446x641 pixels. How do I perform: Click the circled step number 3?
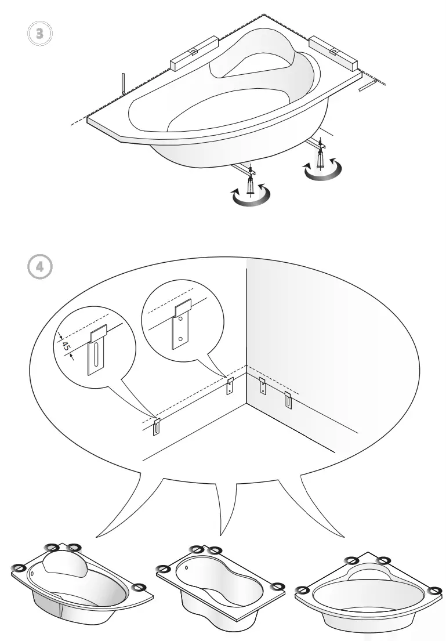(x=39, y=32)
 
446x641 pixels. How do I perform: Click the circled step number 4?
(x=39, y=267)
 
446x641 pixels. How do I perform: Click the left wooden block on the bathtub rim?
(x=193, y=53)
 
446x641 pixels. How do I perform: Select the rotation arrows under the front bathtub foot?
(x=251, y=196)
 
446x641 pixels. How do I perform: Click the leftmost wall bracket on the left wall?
(x=157, y=426)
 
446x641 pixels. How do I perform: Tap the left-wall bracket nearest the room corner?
(x=230, y=385)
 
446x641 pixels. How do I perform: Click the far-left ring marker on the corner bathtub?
(x=302, y=590)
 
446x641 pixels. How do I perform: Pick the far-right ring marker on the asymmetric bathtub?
(x=139, y=588)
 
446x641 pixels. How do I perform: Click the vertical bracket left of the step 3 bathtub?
(x=123, y=84)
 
